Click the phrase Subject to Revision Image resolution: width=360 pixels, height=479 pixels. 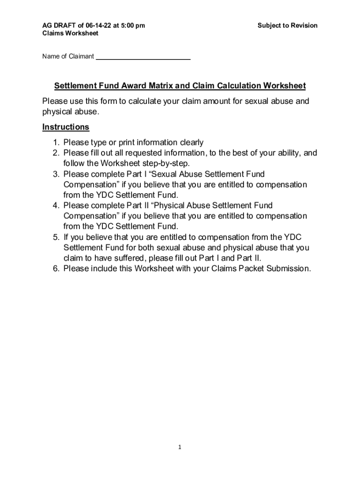287,25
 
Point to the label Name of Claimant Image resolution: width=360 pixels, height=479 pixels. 68,57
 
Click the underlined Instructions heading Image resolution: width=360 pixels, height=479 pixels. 65,127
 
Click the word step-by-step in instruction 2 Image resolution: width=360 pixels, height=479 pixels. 166,164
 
